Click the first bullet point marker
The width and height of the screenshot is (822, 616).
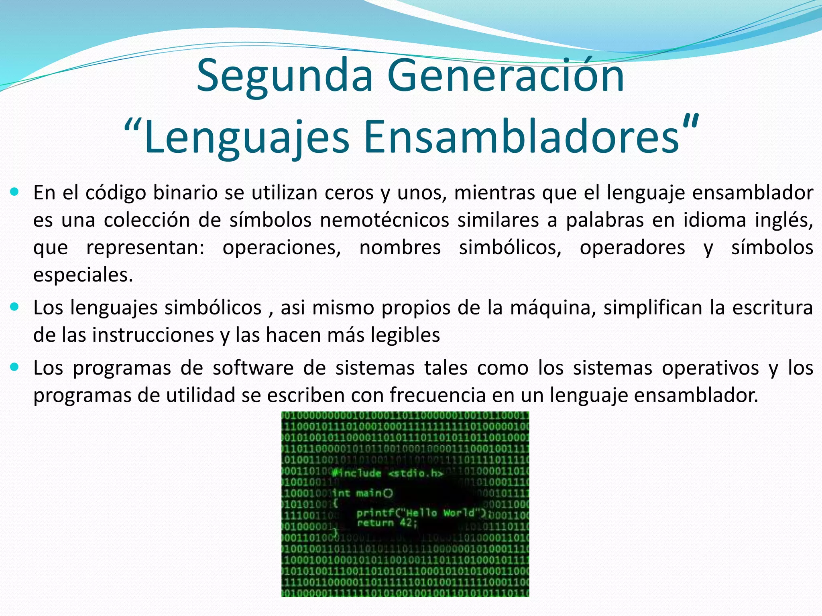(x=15, y=192)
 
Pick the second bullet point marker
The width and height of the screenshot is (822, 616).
(x=15, y=307)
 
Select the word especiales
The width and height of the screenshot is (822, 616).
(x=82, y=275)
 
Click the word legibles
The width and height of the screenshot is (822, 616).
(x=405, y=335)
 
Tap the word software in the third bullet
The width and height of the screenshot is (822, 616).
(x=253, y=368)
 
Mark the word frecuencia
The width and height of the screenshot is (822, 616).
(x=438, y=395)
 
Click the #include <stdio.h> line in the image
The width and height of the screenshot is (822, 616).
(x=388, y=473)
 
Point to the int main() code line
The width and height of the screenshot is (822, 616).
(x=363, y=493)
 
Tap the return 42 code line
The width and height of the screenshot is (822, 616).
(x=387, y=523)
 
